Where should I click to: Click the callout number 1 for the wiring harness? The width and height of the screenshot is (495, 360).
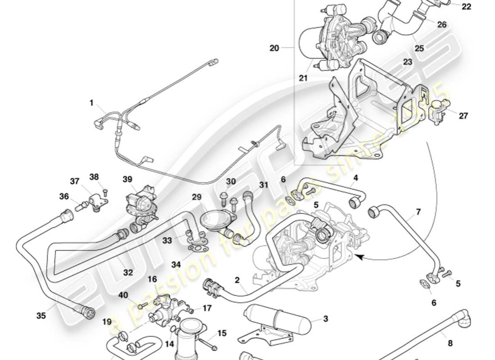click(x=91, y=103)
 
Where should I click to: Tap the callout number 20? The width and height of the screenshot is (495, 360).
click(x=274, y=48)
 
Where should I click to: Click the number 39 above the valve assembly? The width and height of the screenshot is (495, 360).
click(x=127, y=179)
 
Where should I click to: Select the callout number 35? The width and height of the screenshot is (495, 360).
click(x=41, y=315)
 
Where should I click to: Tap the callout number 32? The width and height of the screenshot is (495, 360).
click(x=128, y=272)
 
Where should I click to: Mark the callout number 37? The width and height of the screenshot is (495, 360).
click(x=74, y=181)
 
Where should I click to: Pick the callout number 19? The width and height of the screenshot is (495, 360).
click(x=107, y=322)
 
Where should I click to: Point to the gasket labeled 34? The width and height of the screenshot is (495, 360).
click(x=195, y=247)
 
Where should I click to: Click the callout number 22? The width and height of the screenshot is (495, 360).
click(x=467, y=6)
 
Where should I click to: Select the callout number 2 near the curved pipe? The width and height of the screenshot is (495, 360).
click(x=237, y=280)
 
